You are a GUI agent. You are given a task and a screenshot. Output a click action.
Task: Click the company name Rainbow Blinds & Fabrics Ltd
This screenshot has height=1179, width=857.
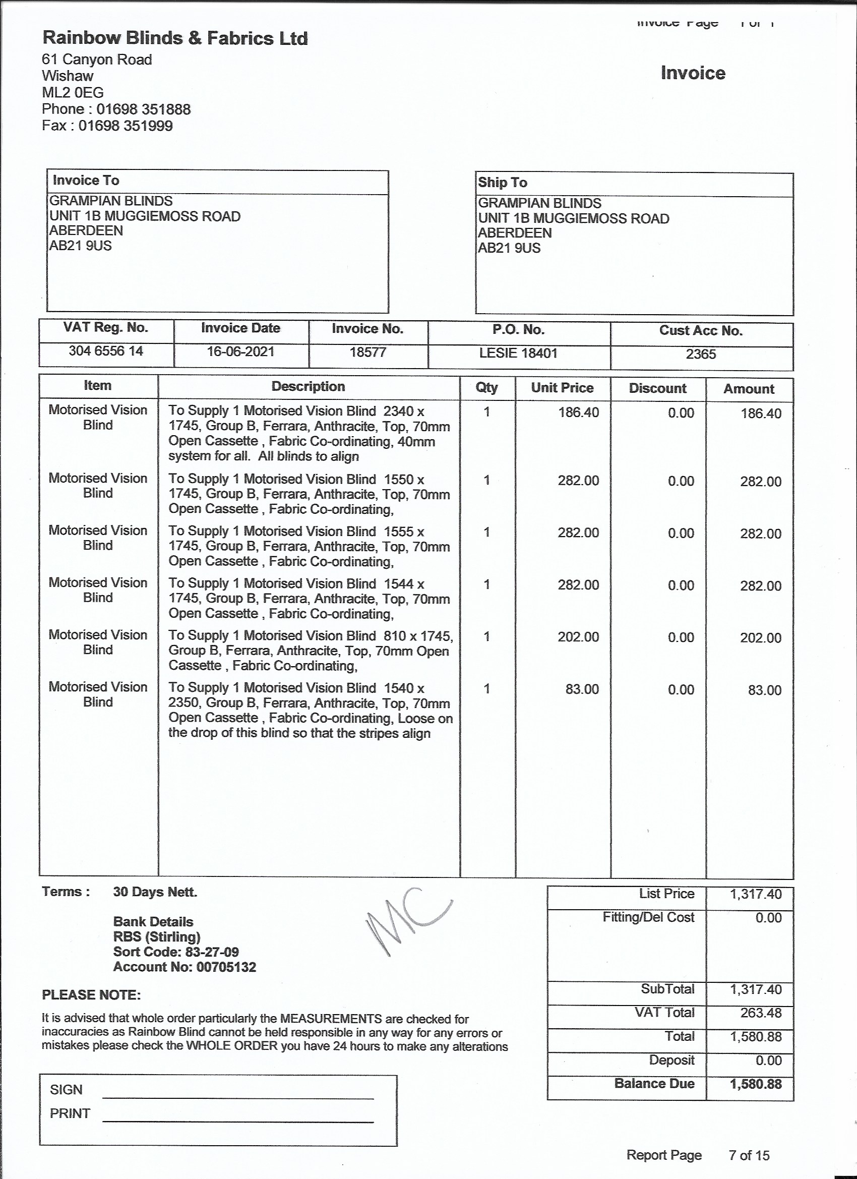click(x=174, y=38)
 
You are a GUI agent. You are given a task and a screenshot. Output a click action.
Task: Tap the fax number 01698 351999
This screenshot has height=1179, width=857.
click(x=125, y=126)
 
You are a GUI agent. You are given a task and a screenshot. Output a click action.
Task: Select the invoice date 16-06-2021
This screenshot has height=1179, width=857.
click(x=240, y=352)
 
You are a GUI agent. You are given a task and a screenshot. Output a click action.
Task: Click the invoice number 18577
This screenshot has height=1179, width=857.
click(x=368, y=352)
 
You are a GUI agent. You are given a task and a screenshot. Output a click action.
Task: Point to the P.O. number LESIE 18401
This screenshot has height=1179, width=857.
click(x=518, y=353)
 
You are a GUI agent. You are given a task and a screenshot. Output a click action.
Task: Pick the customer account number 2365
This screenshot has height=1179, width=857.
click(x=701, y=355)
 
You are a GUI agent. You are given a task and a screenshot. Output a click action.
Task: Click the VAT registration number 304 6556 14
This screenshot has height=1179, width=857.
click(x=106, y=351)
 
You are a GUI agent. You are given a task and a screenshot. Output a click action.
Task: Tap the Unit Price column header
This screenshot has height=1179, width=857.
click(x=562, y=388)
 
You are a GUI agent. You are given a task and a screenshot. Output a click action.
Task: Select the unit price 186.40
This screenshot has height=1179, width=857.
click(x=578, y=413)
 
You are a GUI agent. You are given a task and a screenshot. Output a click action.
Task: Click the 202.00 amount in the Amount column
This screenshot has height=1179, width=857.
click(x=760, y=638)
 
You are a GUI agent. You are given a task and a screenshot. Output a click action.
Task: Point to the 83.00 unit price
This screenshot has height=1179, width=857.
click(x=582, y=689)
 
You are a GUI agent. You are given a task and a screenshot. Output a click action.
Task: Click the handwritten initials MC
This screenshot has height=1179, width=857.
click(x=408, y=921)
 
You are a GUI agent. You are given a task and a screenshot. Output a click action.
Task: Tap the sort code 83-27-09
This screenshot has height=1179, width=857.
click(x=212, y=952)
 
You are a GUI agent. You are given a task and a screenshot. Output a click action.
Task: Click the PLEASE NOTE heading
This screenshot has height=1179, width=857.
click(x=91, y=995)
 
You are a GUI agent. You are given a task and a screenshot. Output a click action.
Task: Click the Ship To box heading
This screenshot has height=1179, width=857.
click(x=503, y=183)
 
